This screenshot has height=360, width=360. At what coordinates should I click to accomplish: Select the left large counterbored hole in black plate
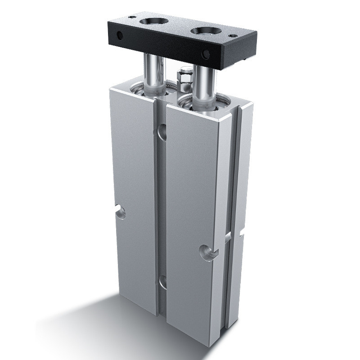pos(153,21)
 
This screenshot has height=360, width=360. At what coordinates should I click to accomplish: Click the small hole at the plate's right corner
pos(233,36)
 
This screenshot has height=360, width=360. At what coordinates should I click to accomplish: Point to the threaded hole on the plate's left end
pos(120,35)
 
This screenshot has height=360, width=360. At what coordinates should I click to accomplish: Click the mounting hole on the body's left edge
pos(121,211)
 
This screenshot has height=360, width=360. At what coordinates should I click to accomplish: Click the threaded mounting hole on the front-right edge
pos(208,252)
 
